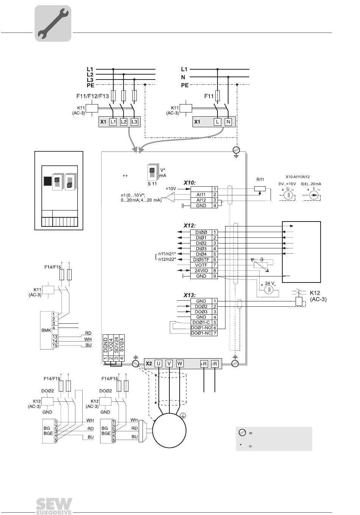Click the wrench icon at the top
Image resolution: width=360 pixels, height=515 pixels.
tap(53, 23)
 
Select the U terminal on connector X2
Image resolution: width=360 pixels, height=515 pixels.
tap(158, 364)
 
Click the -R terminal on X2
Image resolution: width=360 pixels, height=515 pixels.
tap(215, 364)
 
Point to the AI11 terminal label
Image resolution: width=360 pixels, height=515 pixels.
tap(201, 194)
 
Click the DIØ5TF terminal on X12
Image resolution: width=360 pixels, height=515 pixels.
tap(201, 260)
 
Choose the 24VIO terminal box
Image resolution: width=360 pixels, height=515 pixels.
tap(201, 271)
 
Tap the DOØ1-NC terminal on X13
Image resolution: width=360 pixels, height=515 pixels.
tap(201, 333)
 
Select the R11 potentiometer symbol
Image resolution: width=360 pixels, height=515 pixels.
tap(260, 188)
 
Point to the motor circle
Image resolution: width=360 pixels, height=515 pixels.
tap(169, 430)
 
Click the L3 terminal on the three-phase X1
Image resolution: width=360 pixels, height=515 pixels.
tap(134, 122)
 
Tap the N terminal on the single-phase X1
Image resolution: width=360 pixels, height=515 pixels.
tap(228, 122)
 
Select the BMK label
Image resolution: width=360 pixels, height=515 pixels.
tap(46, 330)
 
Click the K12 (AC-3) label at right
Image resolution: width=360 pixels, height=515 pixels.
tap(318, 296)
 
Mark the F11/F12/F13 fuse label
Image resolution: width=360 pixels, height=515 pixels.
tap(92, 96)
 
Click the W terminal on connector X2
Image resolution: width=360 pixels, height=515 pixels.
tap(180, 364)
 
